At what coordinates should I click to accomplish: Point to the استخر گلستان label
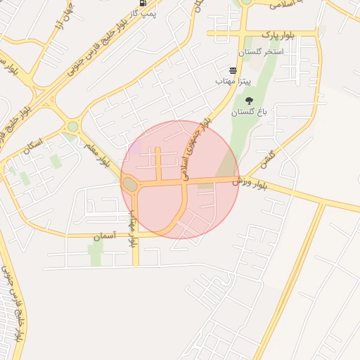[x=260, y=52]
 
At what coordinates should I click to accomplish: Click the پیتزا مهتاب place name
[x=233, y=82]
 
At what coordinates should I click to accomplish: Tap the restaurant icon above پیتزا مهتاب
[x=233, y=71]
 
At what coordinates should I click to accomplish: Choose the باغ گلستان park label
[x=243, y=112]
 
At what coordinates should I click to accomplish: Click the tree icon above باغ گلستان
[x=249, y=100]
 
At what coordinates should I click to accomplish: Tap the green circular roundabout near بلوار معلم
[x=72, y=127]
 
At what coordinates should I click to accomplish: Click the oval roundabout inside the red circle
[x=130, y=185]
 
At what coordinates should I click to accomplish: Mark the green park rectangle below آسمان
[x=96, y=254]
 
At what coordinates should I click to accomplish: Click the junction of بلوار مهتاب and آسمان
[x=136, y=235]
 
